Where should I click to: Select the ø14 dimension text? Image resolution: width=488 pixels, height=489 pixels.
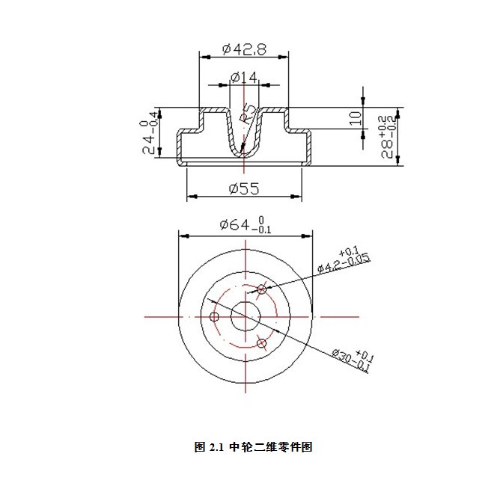244,77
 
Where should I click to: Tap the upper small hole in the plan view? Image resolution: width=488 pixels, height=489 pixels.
262,289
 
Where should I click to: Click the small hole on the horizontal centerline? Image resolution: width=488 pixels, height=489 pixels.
214,317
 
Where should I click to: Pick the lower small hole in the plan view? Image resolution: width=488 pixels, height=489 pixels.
262,343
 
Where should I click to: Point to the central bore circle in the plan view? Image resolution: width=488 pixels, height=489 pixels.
245,317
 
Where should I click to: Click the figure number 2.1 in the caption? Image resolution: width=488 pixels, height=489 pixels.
216,448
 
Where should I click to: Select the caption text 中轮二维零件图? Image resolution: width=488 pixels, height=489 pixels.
271,448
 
